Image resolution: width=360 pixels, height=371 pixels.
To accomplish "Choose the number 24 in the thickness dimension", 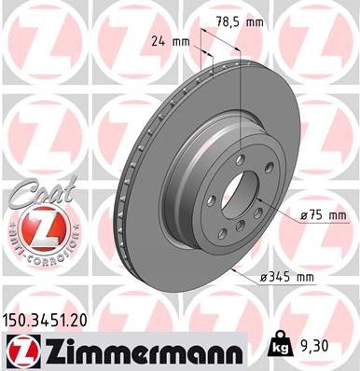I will [157, 41].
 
